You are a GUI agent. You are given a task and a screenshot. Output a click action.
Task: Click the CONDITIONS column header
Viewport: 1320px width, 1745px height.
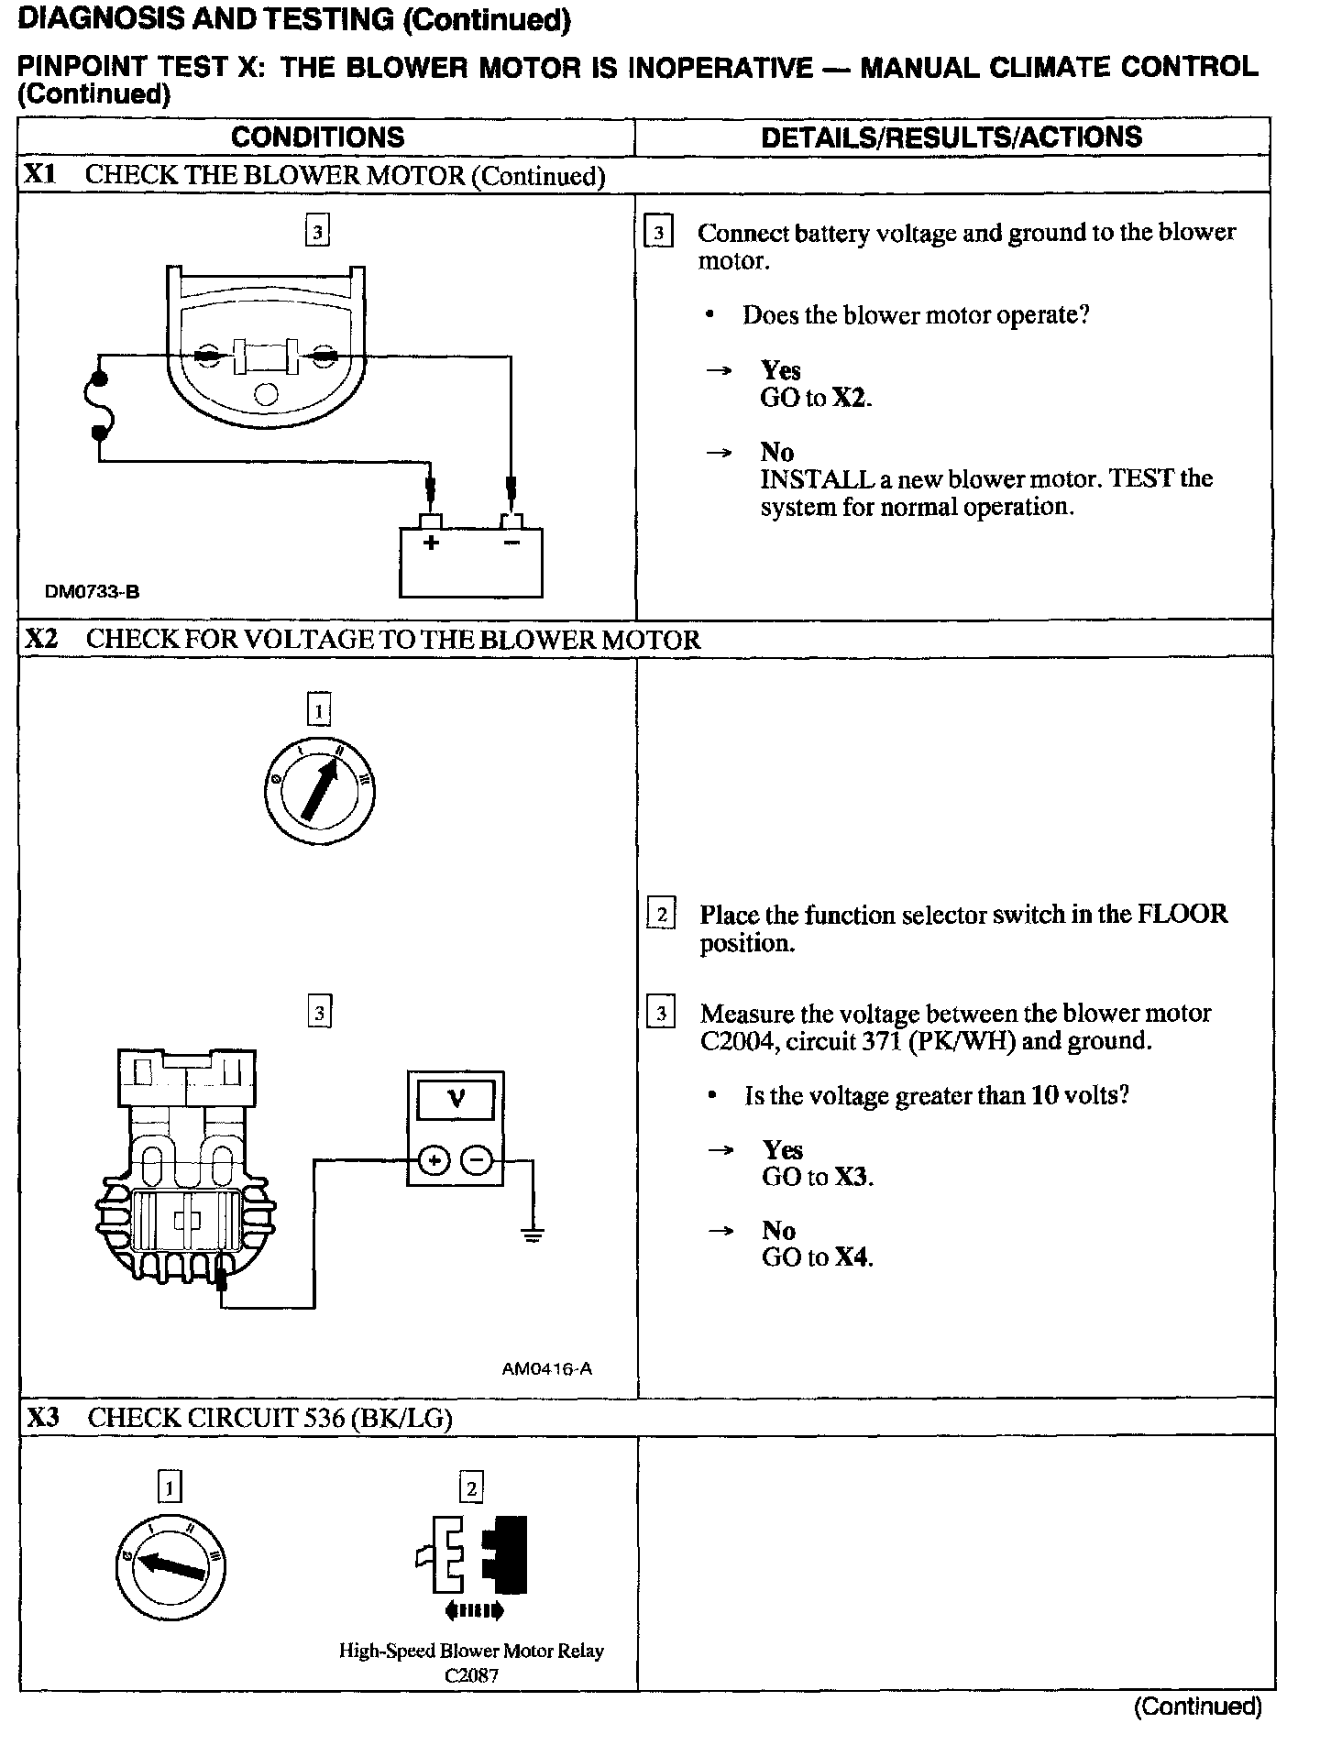[317, 137]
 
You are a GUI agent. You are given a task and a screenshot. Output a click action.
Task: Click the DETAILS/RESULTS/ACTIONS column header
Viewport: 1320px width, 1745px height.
[951, 137]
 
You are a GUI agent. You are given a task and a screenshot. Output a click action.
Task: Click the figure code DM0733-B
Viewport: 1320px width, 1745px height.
[92, 592]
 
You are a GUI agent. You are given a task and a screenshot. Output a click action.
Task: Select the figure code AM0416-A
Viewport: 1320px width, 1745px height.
[547, 1369]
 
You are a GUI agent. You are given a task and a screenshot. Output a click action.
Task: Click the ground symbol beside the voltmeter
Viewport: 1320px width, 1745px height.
[532, 1233]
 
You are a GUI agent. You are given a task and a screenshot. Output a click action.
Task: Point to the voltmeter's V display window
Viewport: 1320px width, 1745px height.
[456, 1099]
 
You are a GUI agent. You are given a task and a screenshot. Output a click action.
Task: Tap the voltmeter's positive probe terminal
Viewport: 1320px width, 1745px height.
[434, 1161]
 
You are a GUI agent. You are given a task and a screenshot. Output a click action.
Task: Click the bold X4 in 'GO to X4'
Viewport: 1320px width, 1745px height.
[852, 1257]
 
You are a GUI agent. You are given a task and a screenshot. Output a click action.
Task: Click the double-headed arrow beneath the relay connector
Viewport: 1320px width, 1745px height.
[473, 1610]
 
